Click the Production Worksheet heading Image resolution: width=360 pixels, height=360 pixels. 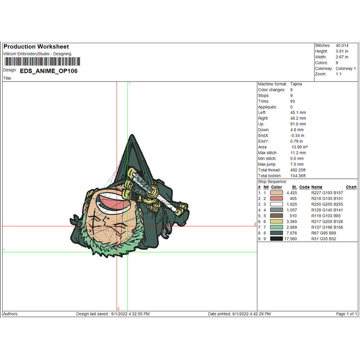pyautogui.click(x=36, y=47)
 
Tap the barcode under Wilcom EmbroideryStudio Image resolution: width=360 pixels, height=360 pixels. pyautogui.click(x=42, y=62)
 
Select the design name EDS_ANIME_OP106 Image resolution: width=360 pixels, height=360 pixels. pyautogui.click(x=49, y=71)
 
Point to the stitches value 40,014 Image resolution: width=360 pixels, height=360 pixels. pyautogui.click(x=342, y=45)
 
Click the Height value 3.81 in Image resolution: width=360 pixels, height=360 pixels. pyautogui.click(x=342, y=51)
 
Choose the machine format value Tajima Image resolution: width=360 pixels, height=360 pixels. pyautogui.click(x=296, y=84)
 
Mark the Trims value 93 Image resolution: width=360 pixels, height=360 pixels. pyautogui.click(x=292, y=101)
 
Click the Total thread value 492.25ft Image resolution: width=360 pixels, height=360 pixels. pyautogui.click(x=298, y=170)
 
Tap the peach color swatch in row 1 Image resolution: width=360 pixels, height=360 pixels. pyautogui.click(x=276, y=193)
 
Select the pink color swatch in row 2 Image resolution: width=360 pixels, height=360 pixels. pyautogui.click(x=276, y=198)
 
